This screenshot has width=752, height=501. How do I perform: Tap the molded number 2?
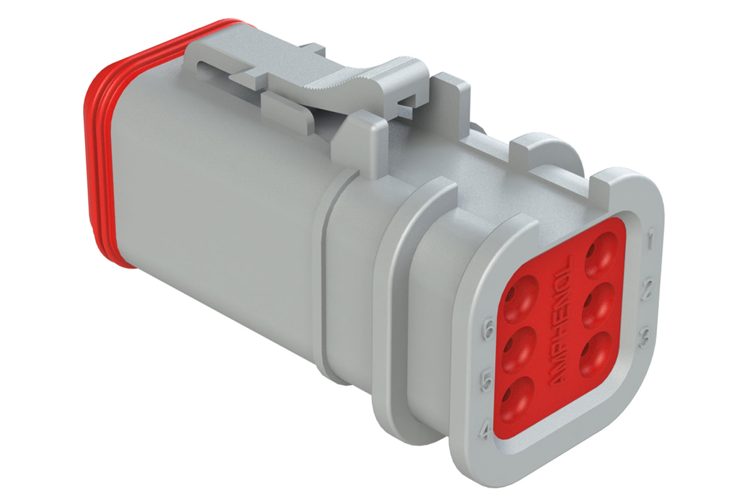[648, 289]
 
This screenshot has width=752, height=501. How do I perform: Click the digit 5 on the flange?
[486, 381]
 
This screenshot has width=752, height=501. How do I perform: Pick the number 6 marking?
[488, 331]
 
